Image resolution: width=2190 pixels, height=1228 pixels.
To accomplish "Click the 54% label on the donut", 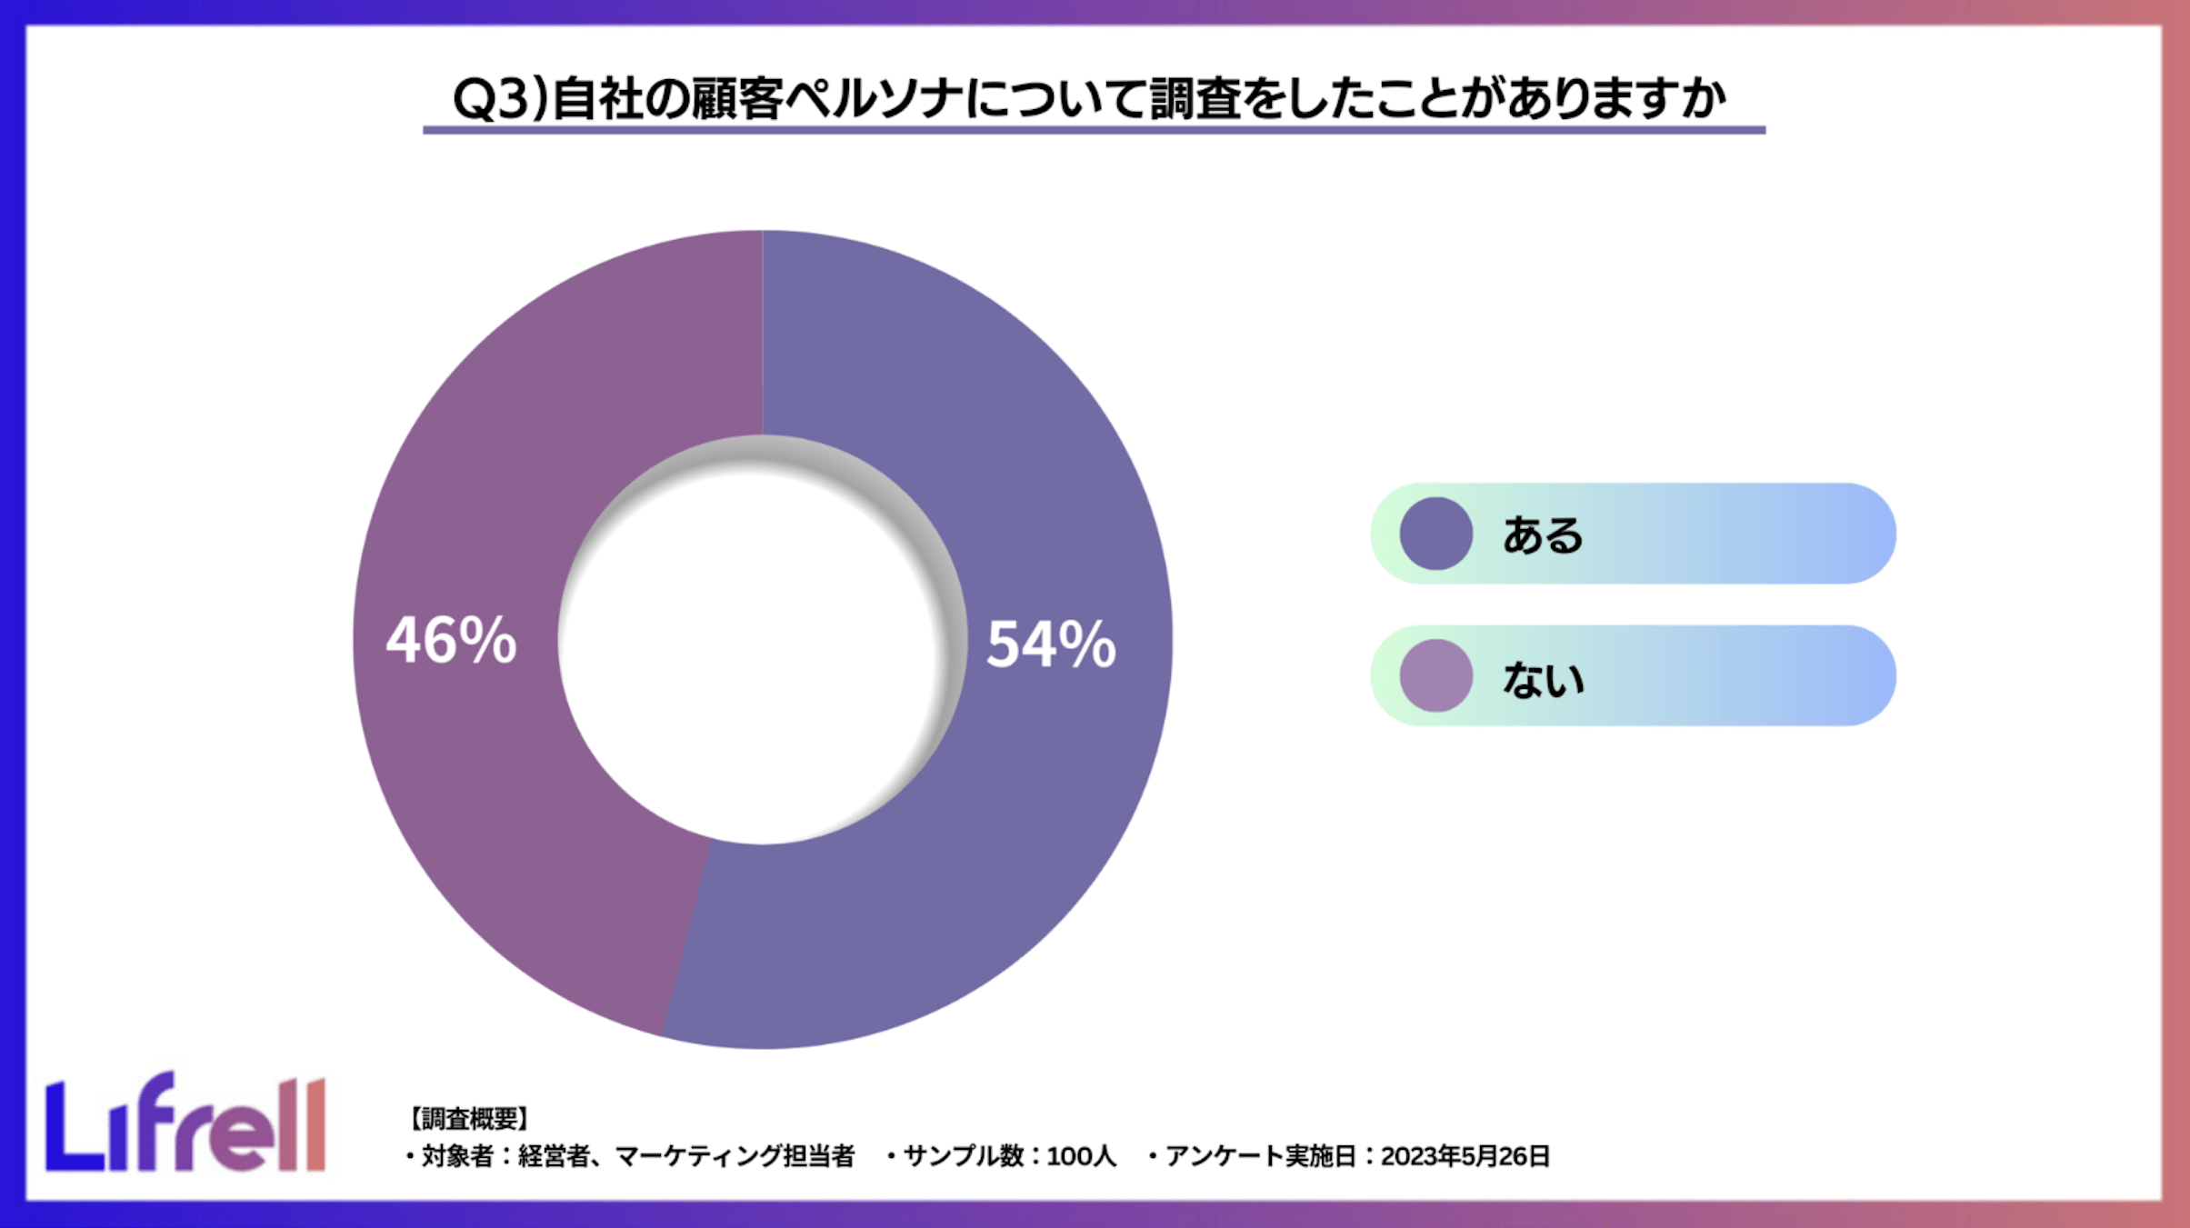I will tap(1051, 644).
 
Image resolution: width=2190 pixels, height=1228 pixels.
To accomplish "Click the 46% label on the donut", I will tap(452, 640).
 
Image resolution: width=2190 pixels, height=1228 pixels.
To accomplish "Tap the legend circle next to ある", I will tap(1435, 534).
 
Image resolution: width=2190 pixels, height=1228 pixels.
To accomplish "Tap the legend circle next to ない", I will tap(1435, 675).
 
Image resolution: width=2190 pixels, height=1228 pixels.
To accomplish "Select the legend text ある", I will tap(1543, 534).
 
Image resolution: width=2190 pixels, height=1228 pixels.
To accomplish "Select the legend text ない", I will tap(1543, 678).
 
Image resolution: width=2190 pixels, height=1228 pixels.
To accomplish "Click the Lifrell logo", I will tap(185, 1124).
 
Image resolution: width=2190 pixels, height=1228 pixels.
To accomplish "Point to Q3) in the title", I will tap(501, 98).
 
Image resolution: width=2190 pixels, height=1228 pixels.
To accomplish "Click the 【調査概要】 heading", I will tap(468, 1118).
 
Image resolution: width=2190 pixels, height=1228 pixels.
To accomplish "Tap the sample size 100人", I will tap(1081, 1156).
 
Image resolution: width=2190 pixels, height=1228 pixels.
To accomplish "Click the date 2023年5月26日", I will tap(1465, 1156).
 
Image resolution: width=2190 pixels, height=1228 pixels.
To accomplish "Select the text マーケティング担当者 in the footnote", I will tap(735, 1156).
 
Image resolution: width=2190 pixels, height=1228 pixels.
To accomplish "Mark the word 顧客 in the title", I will tap(736, 98).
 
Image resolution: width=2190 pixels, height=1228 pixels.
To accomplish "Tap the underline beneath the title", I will tap(1094, 130).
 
